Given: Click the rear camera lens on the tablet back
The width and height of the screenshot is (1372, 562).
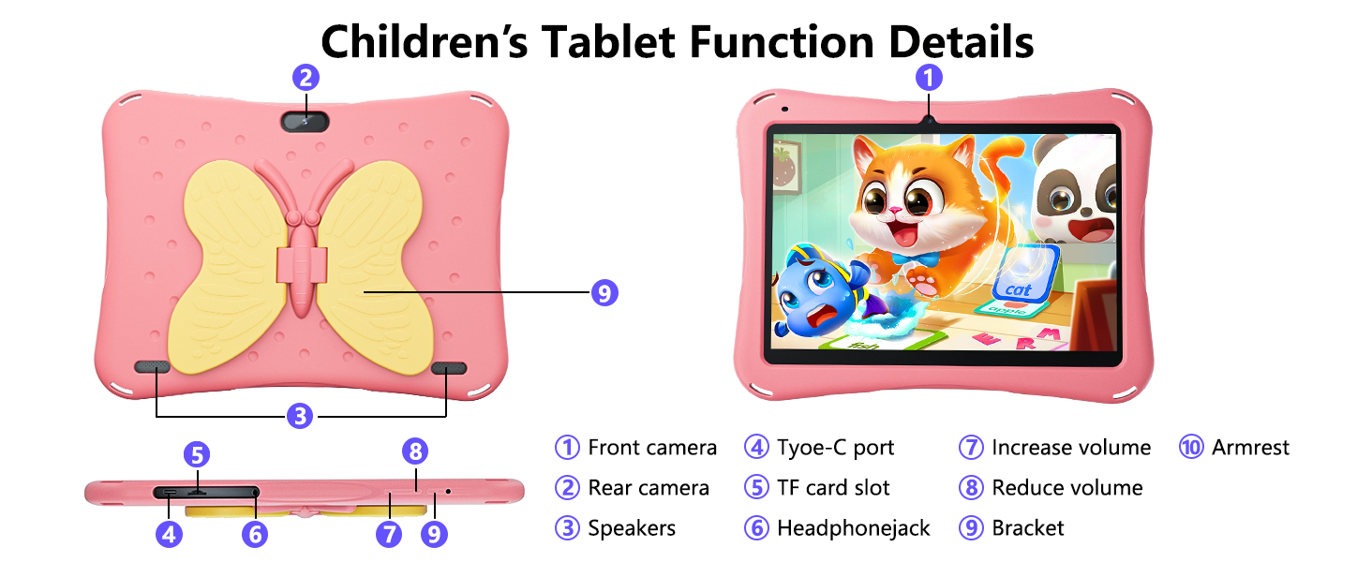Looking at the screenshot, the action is [x=305, y=121].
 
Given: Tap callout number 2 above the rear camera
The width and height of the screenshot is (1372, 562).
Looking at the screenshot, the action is [x=306, y=78].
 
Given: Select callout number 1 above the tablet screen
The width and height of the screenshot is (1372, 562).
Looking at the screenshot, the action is [x=929, y=78].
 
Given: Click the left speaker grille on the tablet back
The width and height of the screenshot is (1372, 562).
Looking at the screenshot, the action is [x=152, y=367].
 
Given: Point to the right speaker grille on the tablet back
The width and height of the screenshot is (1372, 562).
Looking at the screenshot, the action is [x=448, y=368].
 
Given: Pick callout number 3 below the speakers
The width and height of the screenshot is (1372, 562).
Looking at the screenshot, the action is [x=300, y=416].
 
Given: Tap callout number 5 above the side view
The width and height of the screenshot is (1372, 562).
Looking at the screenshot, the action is [x=197, y=454].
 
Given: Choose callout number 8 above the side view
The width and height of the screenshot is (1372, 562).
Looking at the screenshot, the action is [x=415, y=451].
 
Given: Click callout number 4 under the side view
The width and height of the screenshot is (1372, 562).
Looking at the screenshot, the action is [x=169, y=534].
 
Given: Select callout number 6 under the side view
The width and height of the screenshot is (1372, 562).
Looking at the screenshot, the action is [x=255, y=534].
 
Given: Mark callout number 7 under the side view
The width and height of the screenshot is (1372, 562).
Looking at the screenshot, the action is [x=389, y=534].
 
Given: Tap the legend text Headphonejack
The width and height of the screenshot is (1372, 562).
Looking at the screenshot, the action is [x=853, y=527].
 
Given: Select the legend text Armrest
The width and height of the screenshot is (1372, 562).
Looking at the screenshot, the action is [x=1251, y=448].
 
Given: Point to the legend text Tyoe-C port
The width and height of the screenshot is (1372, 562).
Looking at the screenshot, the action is [x=835, y=448].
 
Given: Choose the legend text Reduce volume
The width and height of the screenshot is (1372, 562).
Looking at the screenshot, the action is [x=1067, y=488].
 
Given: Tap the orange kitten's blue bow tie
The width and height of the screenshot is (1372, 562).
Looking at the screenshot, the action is [x=917, y=259].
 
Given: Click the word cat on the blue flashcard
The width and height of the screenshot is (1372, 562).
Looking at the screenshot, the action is [x=1018, y=289].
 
